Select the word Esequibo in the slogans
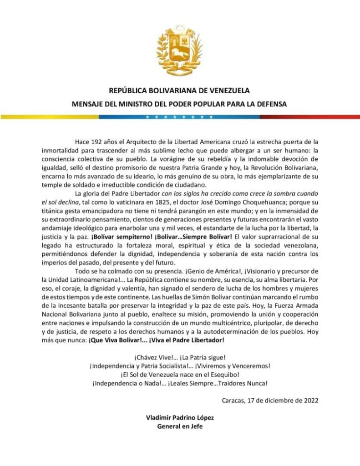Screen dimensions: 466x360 click(222, 374)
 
